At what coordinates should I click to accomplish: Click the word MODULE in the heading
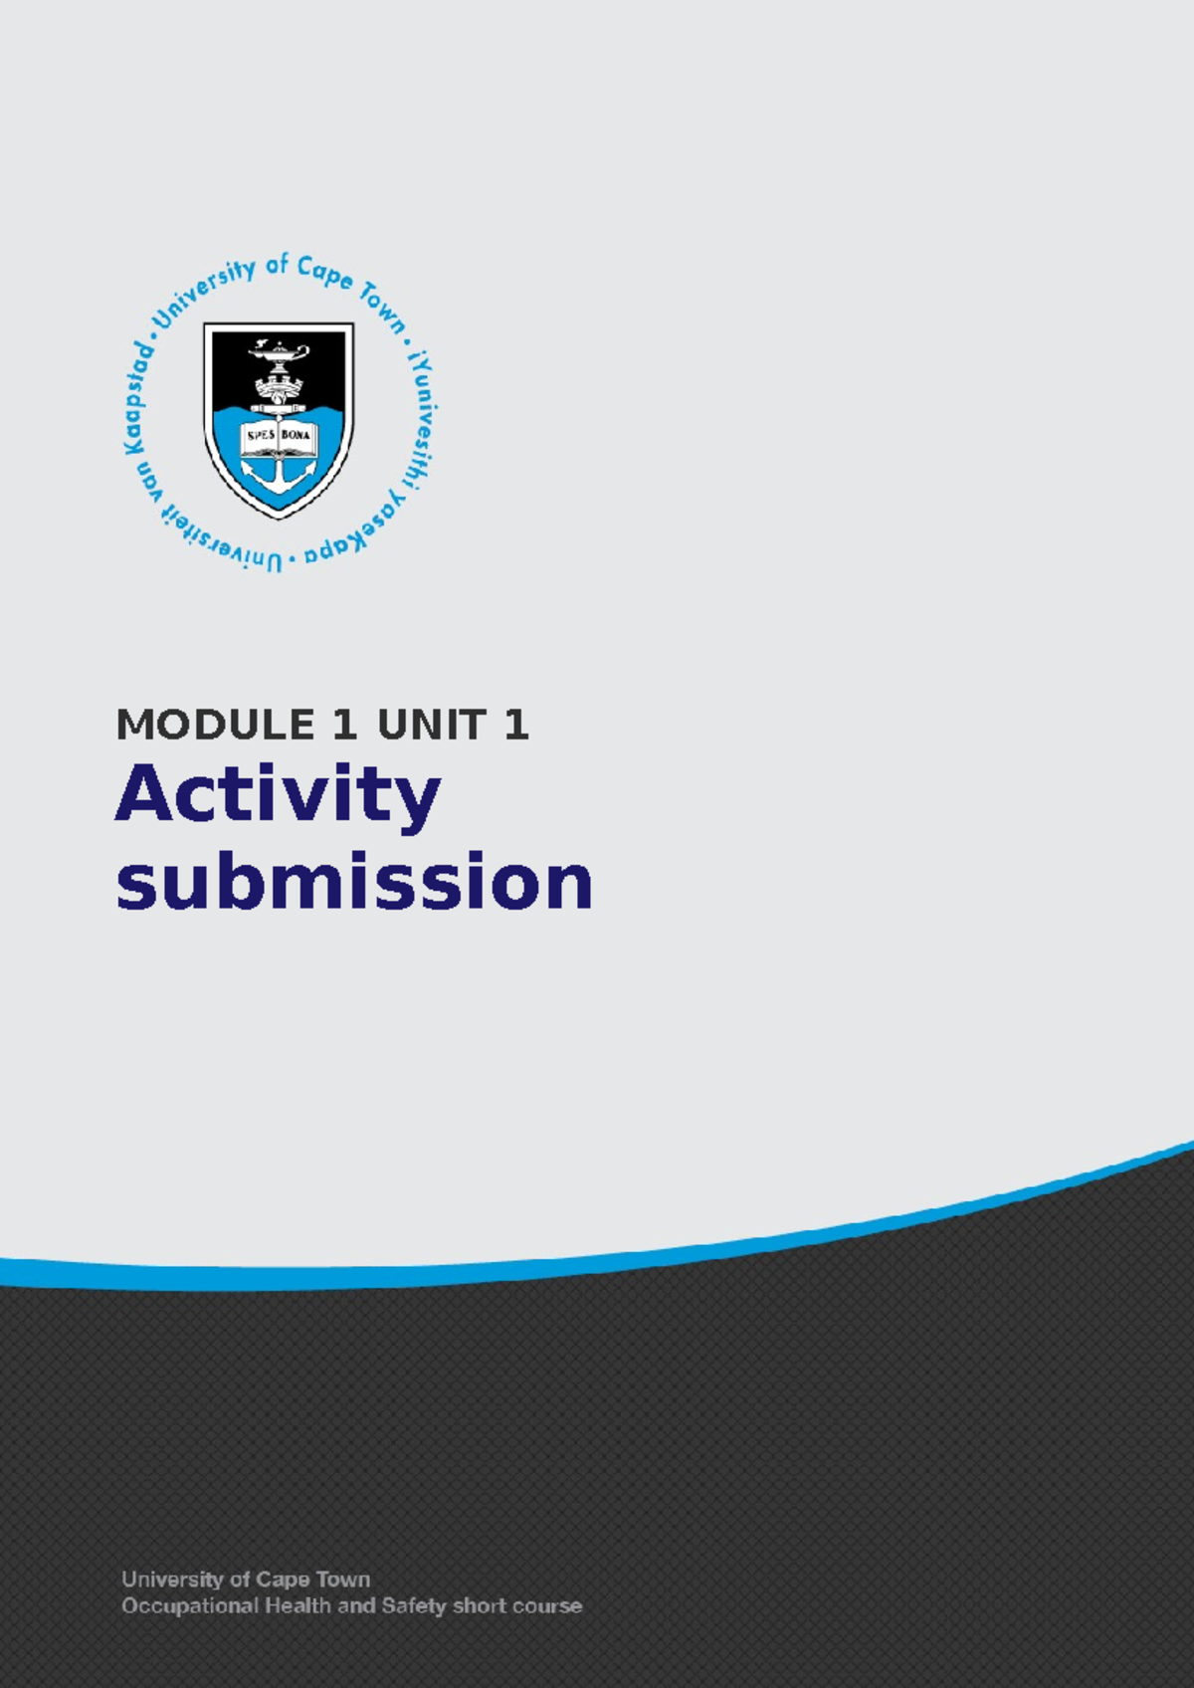coord(216,725)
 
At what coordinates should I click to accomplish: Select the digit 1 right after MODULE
coord(344,725)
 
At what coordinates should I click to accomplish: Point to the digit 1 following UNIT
coord(515,725)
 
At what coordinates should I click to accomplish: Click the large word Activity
coord(278,796)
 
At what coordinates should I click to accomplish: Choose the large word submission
coord(354,883)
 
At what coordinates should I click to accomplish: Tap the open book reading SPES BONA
coord(279,435)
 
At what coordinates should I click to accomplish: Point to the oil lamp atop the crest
coord(280,353)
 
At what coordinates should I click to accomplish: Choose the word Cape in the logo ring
coord(324,274)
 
